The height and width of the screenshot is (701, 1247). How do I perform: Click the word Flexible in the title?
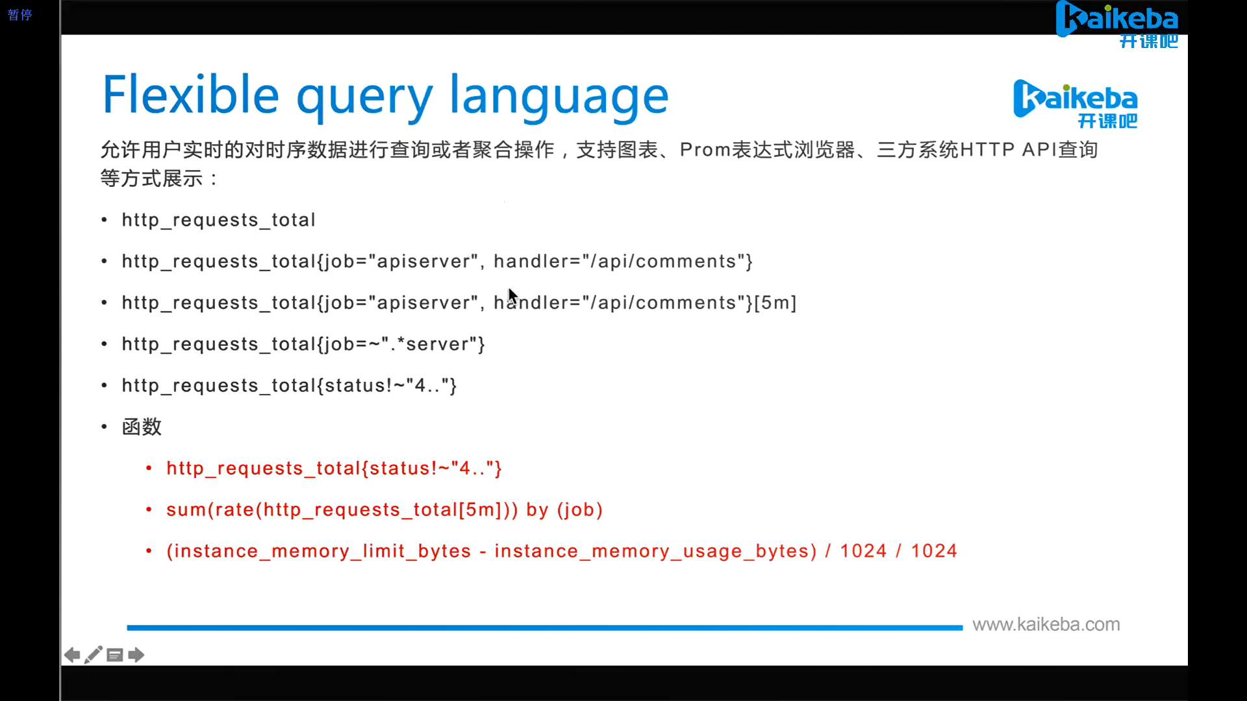[x=191, y=95]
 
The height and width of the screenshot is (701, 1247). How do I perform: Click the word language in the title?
[x=559, y=96]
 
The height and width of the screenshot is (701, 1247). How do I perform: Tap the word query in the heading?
[x=364, y=97]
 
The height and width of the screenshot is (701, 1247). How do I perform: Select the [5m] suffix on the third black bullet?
[x=775, y=303]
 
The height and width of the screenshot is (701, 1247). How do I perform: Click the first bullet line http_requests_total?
[x=218, y=220]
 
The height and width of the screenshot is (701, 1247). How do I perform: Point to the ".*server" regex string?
[x=429, y=344]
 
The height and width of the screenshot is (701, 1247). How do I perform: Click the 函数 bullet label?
[x=142, y=427]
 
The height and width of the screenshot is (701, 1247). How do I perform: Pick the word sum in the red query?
[x=185, y=510]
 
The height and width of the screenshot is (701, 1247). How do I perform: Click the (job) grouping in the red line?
[x=580, y=510]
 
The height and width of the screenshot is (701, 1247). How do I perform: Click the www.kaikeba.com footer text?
[x=1046, y=624]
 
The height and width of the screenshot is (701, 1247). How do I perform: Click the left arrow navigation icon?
[x=72, y=655]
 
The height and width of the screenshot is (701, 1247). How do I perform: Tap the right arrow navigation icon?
[x=136, y=655]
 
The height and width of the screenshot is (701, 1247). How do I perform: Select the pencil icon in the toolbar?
[x=94, y=654]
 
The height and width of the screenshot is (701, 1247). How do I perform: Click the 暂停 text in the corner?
[x=19, y=15]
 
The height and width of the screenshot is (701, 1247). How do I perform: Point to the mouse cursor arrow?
[x=512, y=296]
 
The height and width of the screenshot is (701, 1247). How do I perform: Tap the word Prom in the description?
[x=705, y=150]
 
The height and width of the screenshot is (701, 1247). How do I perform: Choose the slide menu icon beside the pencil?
[x=115, y=655]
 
